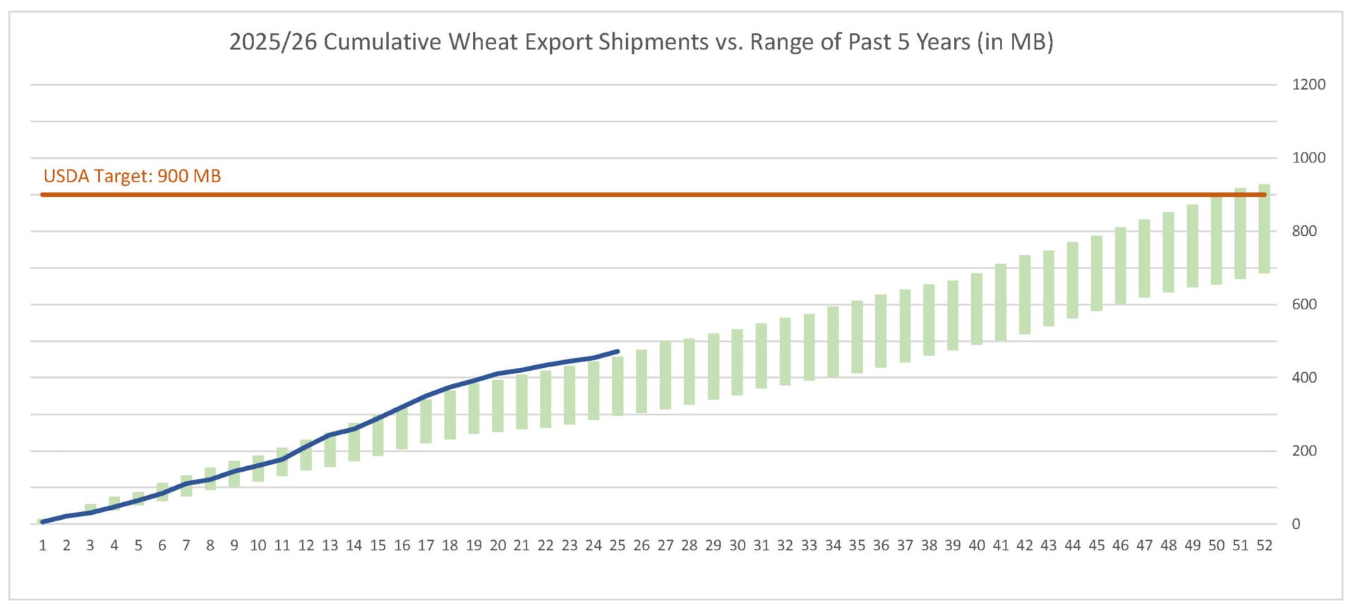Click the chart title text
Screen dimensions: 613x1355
pyautogui.click(x=641, y=42)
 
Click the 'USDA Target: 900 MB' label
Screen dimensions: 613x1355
pyautogui.click(x=132, y=176)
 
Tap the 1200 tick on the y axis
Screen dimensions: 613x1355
pyautogui.click(x=1308, y=85)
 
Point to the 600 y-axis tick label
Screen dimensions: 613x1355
pyautogui.click(x=1304, y=304)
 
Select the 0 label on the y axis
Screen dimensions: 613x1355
pyautogui.click(x=1296, y=524)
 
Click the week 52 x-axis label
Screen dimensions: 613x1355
pyautogui.click(x=1264, y=545)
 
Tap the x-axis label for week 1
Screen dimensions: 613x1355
pyautogui.click(x=43, y=545)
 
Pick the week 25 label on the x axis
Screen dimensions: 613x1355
pyautogui.click(x=618, y=545)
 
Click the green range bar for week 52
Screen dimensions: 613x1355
pyautogui.click(x=1264, y=229)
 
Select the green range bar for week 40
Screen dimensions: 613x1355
pyautogui.click(x=977, y=309)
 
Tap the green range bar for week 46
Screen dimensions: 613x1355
pyautogui.click(x=1121, y=266)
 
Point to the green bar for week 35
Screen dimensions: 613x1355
pyautogui.click(x=857, y=337)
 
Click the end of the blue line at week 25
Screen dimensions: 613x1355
pyautogui.click(x=618, y=351)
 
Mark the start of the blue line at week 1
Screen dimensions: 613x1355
pyautogui.click(x=43, y=522)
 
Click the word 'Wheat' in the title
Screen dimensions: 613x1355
pyautogui.click(x=474, y=42)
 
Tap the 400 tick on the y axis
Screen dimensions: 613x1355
pyautogui.click(x=1304, y=378)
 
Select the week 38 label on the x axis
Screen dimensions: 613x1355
pyautogui.click(x=929, y=545)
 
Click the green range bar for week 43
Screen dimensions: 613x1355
pyautogui.click(x=1049, y=288)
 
